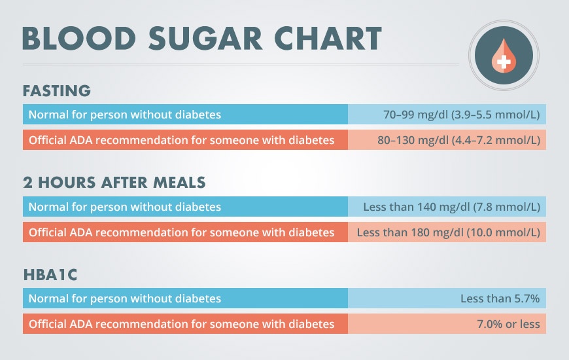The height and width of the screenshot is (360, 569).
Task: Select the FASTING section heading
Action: pos(56,90)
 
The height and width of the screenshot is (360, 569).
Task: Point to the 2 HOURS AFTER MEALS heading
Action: pos(114,182)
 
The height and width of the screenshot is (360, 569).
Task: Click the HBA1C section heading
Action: pos(50,274)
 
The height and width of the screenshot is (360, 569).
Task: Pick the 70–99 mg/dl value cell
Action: pos(461,115)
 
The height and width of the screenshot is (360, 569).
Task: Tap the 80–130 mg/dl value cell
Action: pos(458,140)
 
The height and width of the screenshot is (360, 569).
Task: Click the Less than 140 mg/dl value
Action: pos(451,207)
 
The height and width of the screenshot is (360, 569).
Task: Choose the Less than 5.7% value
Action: pos(500,298)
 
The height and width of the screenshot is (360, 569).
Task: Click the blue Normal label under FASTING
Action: pos(125,115)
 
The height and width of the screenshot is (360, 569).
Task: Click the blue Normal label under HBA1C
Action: pos(125,298)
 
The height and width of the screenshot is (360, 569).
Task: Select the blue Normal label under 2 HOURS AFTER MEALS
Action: pos(125,207)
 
